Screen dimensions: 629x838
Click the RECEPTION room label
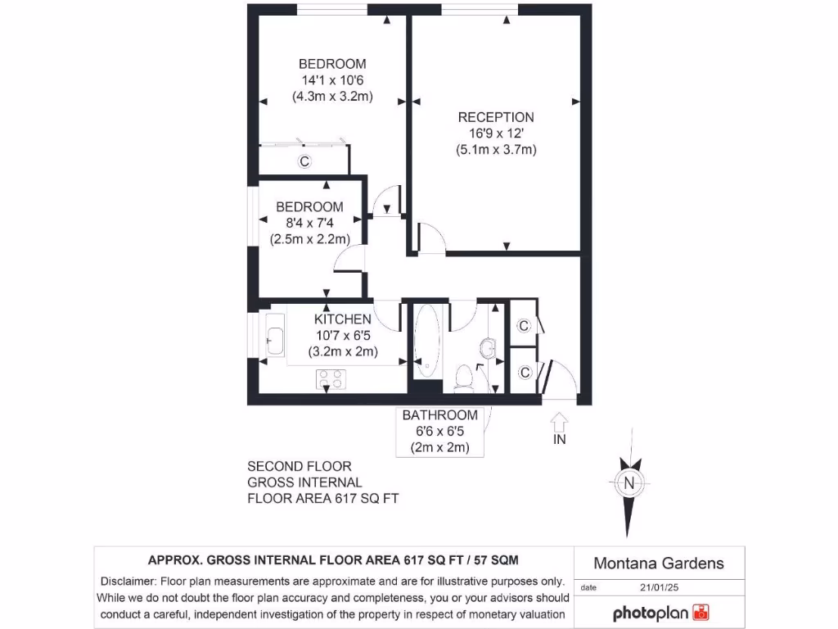[x=496, y=117]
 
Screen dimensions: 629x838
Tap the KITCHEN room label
[x=343, y=319]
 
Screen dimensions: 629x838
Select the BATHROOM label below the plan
[x=439, y=415]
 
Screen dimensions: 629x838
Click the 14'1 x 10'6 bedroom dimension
[x=332, y=80]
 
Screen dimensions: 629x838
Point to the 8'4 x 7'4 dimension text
[x=309, y=223]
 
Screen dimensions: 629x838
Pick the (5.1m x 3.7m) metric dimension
[x=496, y=150]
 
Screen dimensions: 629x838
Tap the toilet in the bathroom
[x=463, y=378]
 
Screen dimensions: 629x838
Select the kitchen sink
[x=274, y=337]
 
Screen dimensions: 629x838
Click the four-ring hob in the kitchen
[x=331, y=378]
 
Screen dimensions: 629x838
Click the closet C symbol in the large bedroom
[x=304, y=161]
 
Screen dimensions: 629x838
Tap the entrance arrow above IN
[x=560, y=421]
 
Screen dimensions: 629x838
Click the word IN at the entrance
[x=560, y=439]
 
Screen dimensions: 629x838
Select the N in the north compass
[x=629, y=482]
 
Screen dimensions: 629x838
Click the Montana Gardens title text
[x=658, y=563]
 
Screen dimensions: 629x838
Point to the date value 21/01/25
[x=661, y=587]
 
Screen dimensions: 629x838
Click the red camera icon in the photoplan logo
[x=701, y=613]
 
